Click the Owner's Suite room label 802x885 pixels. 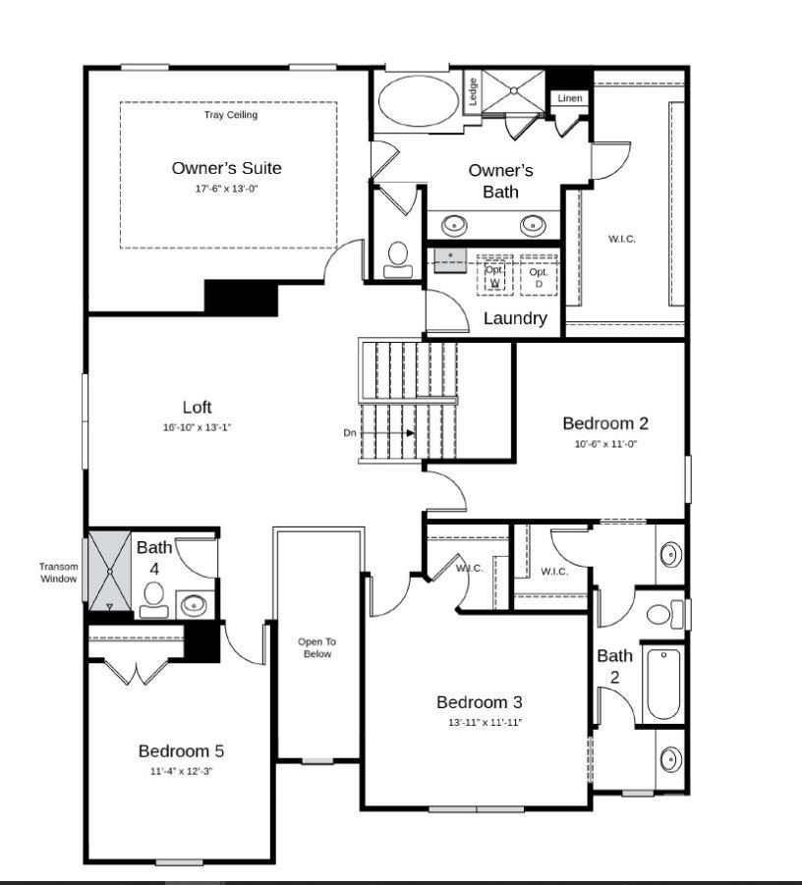[226, 168]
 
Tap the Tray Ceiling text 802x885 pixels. [230, 115]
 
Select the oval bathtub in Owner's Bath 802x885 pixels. [418, 101]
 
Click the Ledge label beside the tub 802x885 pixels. [473, 92]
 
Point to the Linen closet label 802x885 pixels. [569, 98]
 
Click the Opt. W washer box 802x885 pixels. [495, 275]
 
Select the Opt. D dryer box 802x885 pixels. [539, 275]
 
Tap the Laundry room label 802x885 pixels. [514, 318]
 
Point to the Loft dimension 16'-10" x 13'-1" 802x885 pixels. [197, 427]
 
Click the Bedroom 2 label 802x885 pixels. [604, 423]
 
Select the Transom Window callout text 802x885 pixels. [58, 573]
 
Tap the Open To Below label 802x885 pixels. [316, 647]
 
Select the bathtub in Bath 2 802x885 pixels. [663, 684]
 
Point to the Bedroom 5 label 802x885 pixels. [181, 751]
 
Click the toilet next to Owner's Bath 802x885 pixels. [398, 258]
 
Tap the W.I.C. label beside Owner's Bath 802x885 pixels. [621, 239]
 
